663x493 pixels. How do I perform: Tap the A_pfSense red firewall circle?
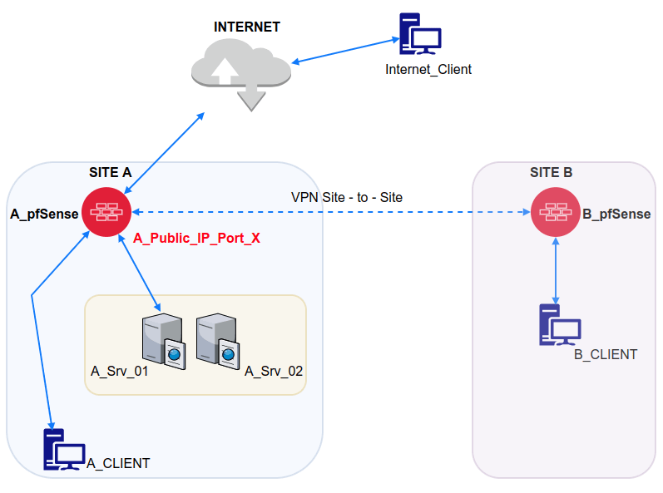click(106, 213)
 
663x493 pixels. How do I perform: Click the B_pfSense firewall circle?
click(555, 213)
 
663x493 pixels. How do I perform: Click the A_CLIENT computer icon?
click(63, 451)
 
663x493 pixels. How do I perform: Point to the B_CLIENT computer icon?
click(559, 325)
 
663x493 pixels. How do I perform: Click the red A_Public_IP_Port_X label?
click(197, 238)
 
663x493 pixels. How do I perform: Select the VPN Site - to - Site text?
click(347, 197)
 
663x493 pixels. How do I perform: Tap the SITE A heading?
click(111, 173)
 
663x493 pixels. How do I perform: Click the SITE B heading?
click(551, 173)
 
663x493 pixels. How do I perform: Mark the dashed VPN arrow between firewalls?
click(333, 212)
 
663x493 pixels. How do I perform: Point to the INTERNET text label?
click(247, 26)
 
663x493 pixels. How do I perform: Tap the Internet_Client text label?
click(428, 70)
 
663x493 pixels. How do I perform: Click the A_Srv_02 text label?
click(274, 372)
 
